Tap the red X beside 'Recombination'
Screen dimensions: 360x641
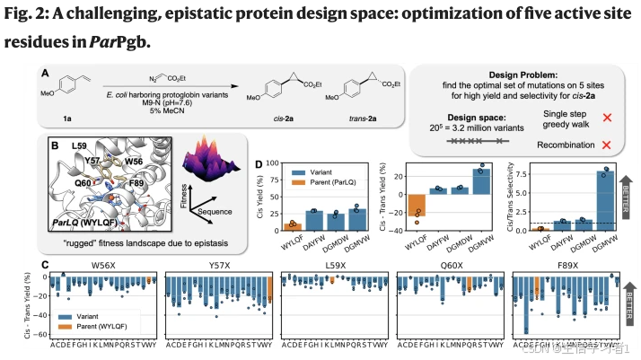pyautogui.click(x=607, y=145)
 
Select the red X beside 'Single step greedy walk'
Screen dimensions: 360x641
pyautogui.click(x=607, y=118)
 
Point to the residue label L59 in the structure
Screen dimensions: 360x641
pyautogui.click(x=78, y=145)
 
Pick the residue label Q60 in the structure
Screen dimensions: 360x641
pyautogui.click(x=83, y=182)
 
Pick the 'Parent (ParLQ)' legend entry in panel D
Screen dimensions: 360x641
pyautogui.click(x=327, y=190)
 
